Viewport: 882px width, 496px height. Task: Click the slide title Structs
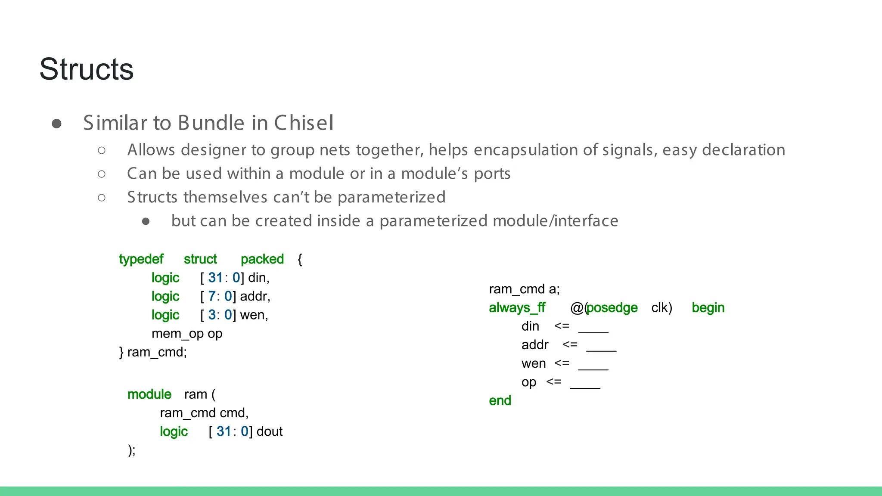pyautogui.click(x=87, y=69)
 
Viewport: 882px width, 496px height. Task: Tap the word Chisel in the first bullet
pyautogui.click(x=304, y=123)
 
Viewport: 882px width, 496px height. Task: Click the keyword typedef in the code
pyautogui.click(x=141, y=259)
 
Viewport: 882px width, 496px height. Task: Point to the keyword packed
pyautogui.click(x=262, y=259)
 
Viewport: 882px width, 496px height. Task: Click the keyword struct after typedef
pyautogui.click(x=200, y=259)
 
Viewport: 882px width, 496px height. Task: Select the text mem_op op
pyautogui.click(x=187, y=334)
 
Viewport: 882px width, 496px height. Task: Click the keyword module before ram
pyautogui.click(x=149, y=394)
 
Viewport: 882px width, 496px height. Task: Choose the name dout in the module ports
pyautogui.click(x=270, y=431)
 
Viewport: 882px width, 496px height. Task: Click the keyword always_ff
pyautogui.click(x=517, y=308)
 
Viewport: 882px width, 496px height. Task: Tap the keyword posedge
pyautogui.click(x=612, y=308)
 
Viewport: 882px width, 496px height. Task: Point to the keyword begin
pyautogui.click(x=708, y=308)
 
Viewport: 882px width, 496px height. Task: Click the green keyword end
pyautogui.click(x=500, y=401)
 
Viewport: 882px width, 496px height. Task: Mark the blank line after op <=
pyautogui.click(x=585, y=387)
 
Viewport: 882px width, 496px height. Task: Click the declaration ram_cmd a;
pyautogui.click(x=524, y=289)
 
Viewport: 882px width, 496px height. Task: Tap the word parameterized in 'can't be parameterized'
pyautogui.click(x=391, y=197)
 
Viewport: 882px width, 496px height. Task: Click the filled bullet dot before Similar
pyautogui.click(x=56, y=124)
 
